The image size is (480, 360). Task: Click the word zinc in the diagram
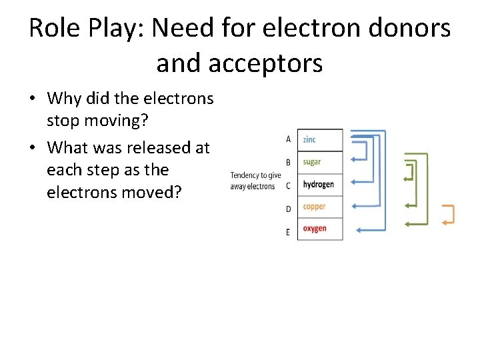click(x=309, y=139)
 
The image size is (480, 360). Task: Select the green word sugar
click(x=311, y=162)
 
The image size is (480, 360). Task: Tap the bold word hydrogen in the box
click(x=318, y=185)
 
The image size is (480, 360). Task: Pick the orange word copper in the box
click(x=314, y=207)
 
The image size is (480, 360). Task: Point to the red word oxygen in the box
click(x=315, y=229)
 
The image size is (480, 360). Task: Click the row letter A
click(x=288, y=139)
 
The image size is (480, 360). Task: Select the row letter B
click(x=288, y=162)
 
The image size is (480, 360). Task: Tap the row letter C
click(x=288, y=185)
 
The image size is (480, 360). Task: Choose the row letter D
click(x=288, y=209)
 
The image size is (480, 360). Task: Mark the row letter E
click(x=288, y=232)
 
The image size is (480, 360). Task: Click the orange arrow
click(x=449, y=214)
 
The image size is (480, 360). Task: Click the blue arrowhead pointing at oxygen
click(x=359, y=230)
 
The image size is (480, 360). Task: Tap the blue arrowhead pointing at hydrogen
click(x=354, y=185)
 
